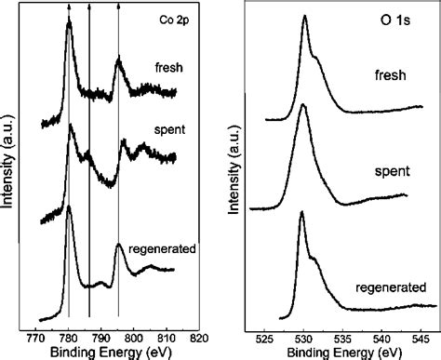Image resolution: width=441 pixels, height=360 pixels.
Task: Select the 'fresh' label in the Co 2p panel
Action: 167,66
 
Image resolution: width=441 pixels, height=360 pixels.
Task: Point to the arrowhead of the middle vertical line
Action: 89,6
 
